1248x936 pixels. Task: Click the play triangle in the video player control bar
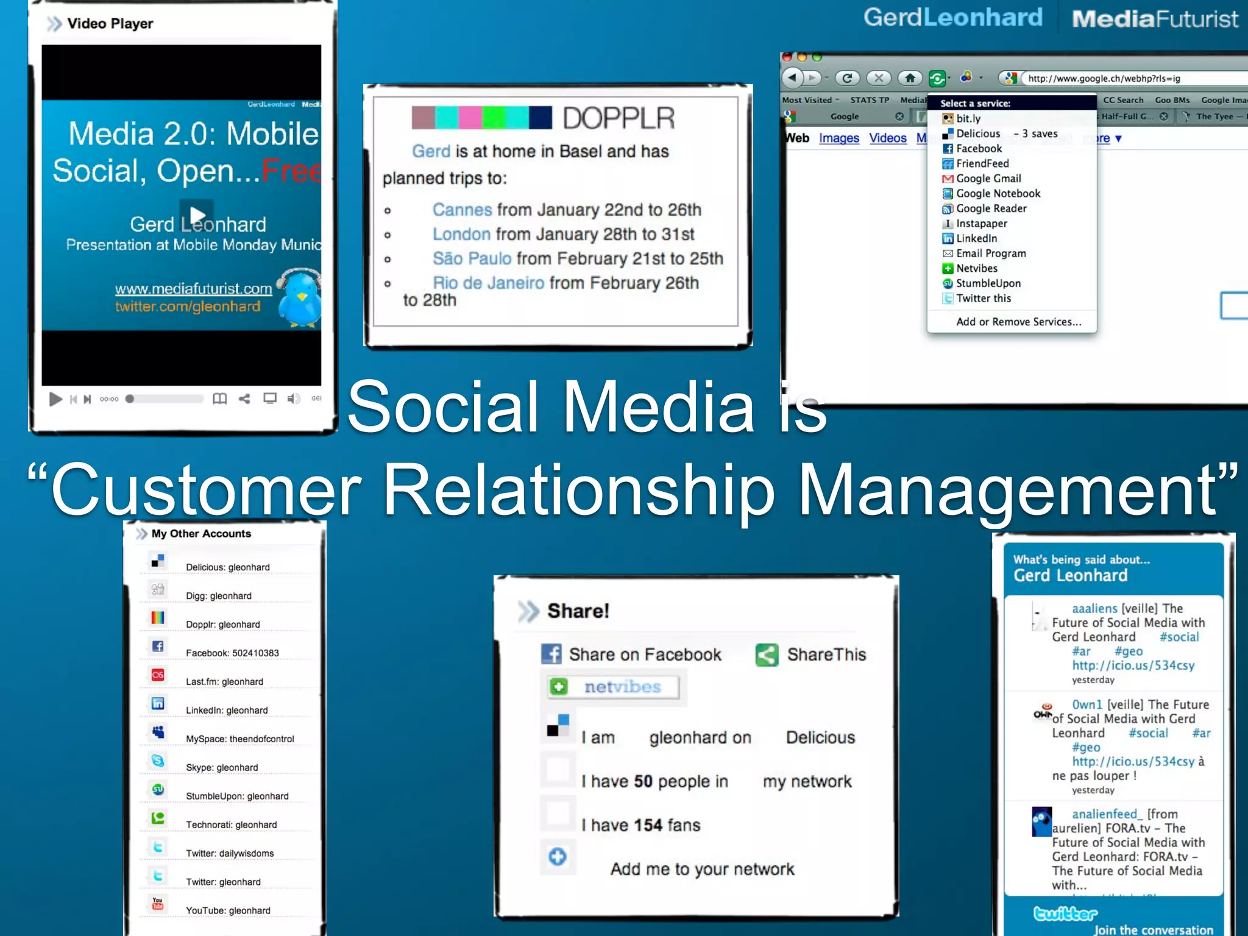coord(55,399)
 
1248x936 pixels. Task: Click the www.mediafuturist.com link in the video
coord(193,289)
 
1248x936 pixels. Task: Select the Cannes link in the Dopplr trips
coord(462,210)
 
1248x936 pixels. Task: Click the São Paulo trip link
coord(472,259)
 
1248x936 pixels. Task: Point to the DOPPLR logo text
coord(618,118)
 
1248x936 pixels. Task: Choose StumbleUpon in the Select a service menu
coord(988,283)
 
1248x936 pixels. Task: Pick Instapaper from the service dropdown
coord(981,224)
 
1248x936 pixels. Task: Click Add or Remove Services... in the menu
coord(1018,322)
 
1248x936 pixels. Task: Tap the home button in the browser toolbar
coord(910,78)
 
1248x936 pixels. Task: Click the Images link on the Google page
coord(838,138)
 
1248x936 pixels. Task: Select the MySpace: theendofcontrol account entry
coord(239,739)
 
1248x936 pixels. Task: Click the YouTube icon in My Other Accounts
coord(158,904)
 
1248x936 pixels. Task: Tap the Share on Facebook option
coord(644,655)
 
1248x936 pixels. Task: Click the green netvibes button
coord(613,687)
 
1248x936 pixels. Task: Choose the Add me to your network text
coord(702,869)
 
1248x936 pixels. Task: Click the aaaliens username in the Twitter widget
coord(1094,608)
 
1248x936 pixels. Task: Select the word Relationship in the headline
coord(579,489)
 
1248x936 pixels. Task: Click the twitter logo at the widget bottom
coord(1065,913)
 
